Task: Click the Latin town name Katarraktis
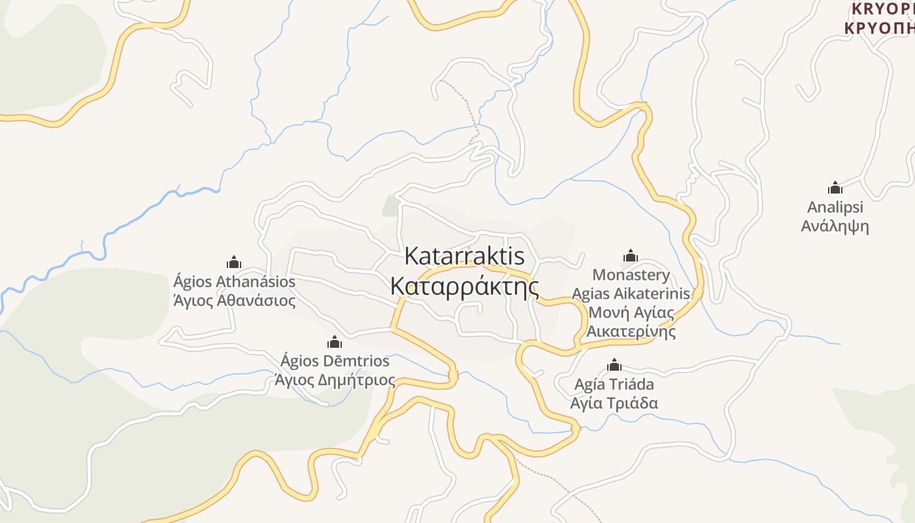click(x=464, y=256)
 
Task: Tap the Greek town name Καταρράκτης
click(x=464, y=287)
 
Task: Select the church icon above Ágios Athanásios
click(x=234, y=263)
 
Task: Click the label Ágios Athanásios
click(x=234, y=282)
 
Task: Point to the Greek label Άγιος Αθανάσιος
click(x=234, y=301)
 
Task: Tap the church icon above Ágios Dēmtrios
click(x=335, y=342)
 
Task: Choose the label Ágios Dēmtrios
click(x=335, y=361)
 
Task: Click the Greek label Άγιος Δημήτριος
click(x=335, y=380)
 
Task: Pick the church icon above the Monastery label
click(x=631, y=256)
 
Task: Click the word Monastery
click(x=631, y=275)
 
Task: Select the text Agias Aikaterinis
click(x=631, y=294)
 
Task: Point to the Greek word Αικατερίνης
click(x=631, y=331)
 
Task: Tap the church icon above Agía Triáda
click(x=614, y=365)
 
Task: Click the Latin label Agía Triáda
click(x=614, y=384)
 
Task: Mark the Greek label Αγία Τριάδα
click(x=614, y=403)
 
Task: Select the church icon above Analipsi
click(x=835, y=188)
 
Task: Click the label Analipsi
click(x=835, y=207)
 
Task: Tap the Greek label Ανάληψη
click(x=835, y=226)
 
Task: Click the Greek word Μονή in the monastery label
click(x=605, y=312)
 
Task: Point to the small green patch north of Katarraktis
click(x=390, y=205)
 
